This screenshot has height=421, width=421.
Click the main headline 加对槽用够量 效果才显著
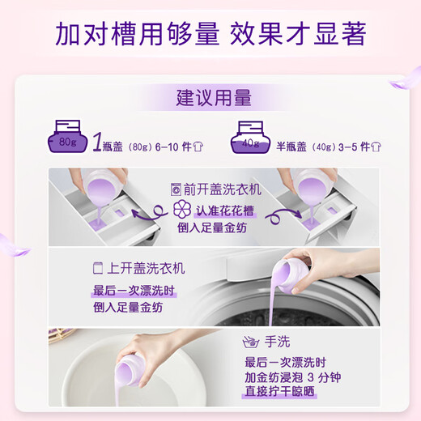pos(210,34)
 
